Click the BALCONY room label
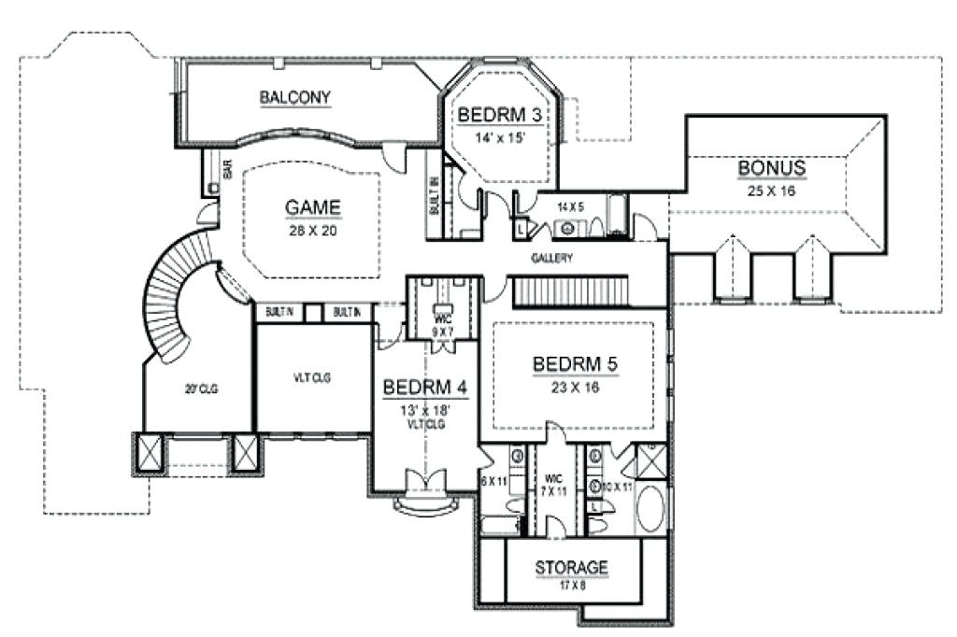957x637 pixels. click(x=295, y=96)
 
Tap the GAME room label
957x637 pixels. click(x=312, y=207)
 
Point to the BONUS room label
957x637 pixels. click(x=771, y=168)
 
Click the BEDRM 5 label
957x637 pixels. click(x=575, y=362)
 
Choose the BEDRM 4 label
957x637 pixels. click(x=425, y=385)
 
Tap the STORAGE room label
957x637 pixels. click(x=572, y=567)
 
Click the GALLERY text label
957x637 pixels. click(x=551, y=258)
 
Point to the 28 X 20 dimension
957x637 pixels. click(x=312, y=231)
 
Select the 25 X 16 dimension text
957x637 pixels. click(x=771, y=190)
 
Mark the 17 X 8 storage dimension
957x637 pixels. click(x=572, y=586)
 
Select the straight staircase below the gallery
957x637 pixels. click(x=569, y=291)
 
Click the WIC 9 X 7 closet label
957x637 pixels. click(x=442, y=324)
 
